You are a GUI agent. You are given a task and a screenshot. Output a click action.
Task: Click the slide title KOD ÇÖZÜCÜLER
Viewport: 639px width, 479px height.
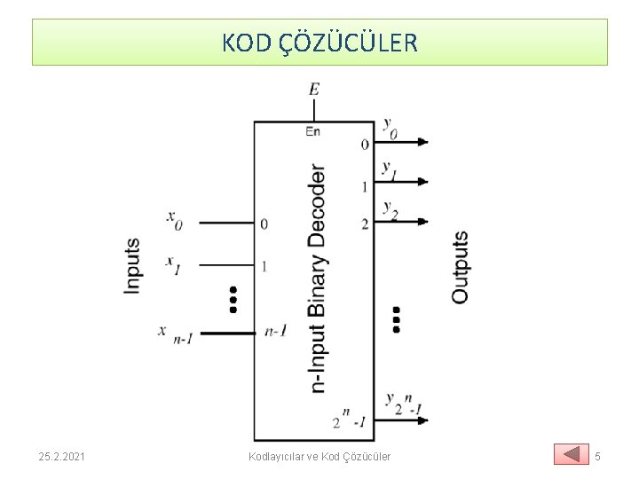[319, 43]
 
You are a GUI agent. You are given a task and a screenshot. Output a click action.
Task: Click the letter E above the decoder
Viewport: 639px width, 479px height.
[314, 89]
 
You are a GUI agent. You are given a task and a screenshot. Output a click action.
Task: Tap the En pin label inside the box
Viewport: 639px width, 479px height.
[312, 131]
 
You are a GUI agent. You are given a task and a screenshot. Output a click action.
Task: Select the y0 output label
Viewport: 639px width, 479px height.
[390, 127]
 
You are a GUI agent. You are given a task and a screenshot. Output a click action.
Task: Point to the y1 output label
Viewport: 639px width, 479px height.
[389, 169]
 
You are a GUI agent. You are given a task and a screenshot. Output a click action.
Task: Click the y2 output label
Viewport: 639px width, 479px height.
[390, 209]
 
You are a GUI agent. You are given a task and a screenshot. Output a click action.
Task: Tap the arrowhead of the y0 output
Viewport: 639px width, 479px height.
[422, 142]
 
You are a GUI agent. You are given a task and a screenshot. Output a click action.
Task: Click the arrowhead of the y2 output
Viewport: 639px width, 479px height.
[422, 222]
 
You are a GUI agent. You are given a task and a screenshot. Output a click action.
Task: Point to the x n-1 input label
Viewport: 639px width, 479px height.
[176, 333]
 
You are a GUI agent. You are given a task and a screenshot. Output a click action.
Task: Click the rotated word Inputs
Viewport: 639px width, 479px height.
[133, 265]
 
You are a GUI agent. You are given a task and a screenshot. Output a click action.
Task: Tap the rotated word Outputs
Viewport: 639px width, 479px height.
[460, 267]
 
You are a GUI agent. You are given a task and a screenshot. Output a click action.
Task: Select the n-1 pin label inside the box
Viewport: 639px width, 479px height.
[275, 332]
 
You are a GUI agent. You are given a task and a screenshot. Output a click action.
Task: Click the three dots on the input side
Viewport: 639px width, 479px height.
[233, 300]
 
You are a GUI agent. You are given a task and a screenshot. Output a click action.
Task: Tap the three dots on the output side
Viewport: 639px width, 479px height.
[395, 319]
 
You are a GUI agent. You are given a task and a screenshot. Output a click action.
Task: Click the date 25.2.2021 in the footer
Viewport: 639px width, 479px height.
[62, 456]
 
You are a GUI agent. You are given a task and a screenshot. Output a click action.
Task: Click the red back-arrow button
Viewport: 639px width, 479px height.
[571, 455]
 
